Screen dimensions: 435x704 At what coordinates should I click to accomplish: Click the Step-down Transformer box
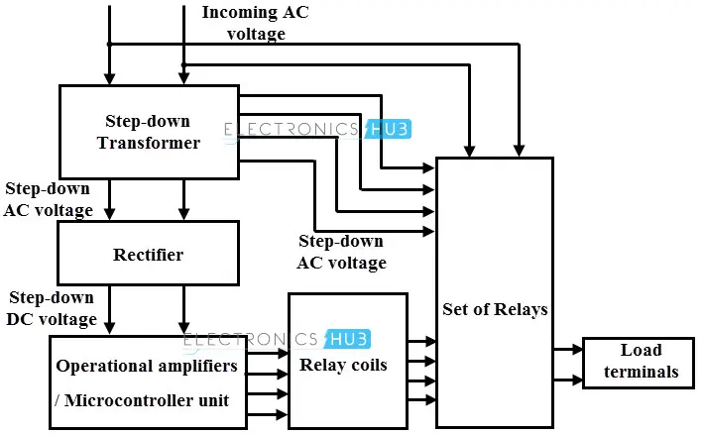[x=149, y=132]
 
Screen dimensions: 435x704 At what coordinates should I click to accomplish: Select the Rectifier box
[x=149, y=255]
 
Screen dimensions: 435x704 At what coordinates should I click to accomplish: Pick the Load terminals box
[x=641, y=362]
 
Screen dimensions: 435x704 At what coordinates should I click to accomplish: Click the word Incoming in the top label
[x=237, y=13]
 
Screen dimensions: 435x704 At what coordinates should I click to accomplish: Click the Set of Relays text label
[x=495, y=309]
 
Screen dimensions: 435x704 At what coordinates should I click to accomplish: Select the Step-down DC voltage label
[x=53, y=308]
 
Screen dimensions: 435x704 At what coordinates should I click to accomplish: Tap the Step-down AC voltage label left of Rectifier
[x=49, y=199]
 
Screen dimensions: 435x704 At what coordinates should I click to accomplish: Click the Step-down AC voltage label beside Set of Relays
[x=341, y=252]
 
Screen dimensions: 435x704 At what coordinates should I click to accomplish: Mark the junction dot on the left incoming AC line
[x=110, y=44]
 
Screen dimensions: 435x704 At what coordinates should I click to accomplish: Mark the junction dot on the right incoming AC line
[x=183, y=65]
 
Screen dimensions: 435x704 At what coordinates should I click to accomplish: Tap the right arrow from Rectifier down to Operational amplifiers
[x=183, y=324]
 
